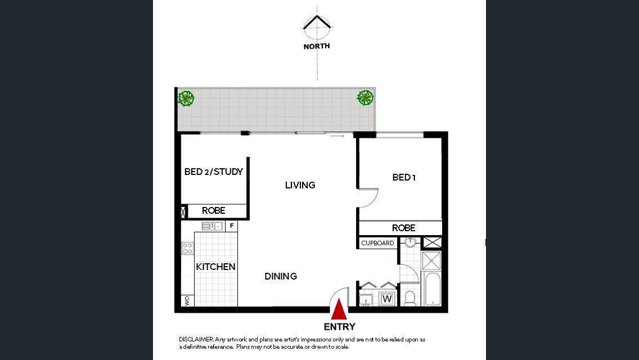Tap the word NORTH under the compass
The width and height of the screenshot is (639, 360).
(317, 47)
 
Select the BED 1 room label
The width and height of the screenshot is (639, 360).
(404, 177)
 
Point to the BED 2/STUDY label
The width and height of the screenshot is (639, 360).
(214, 172)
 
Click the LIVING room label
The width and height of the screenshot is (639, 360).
(300, 185)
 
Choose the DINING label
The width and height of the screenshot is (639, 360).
(281, 276)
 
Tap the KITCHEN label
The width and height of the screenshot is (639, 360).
(215, 267)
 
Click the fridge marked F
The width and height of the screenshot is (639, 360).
(232, 226)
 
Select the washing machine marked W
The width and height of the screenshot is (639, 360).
(387, 299)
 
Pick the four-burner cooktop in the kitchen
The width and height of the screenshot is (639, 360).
(187, 248)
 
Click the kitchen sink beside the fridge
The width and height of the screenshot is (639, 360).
(212, 226)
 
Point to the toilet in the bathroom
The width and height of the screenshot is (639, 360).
(410, 298)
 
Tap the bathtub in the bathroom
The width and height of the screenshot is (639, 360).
(432, 289)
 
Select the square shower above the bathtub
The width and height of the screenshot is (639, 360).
(431, 261)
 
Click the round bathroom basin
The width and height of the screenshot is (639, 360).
(410, 242)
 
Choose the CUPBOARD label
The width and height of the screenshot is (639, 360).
(378, 243)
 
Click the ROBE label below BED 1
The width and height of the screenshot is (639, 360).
(404, 228)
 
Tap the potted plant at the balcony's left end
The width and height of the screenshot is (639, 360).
(186, 98)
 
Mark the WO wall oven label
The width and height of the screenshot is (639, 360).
(187, 301)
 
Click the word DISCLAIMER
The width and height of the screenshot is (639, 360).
(196, 339)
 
